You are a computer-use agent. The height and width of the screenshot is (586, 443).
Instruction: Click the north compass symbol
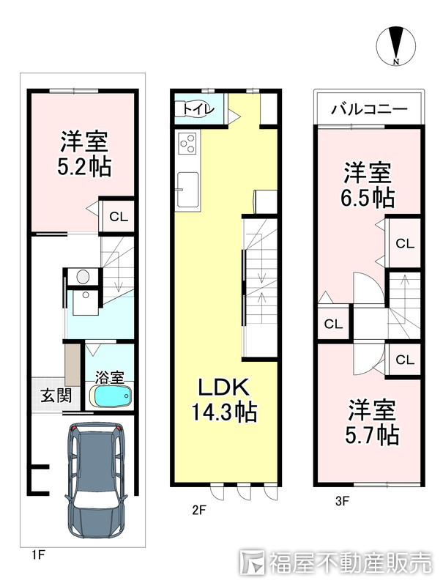(x=395, y=46)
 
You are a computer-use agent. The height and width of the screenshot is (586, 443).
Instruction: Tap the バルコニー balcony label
(x=369, y=110)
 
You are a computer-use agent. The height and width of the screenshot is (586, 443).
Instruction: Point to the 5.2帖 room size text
(x=84, y=167)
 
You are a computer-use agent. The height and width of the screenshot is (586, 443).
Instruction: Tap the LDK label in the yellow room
(x=223, y=387)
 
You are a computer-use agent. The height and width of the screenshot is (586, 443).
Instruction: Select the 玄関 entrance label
(x=56, y=396)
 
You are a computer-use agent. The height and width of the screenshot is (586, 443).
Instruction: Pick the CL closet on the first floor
(x=118, y=216)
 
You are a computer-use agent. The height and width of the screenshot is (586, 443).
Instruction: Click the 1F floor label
(x=37, y=555)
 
